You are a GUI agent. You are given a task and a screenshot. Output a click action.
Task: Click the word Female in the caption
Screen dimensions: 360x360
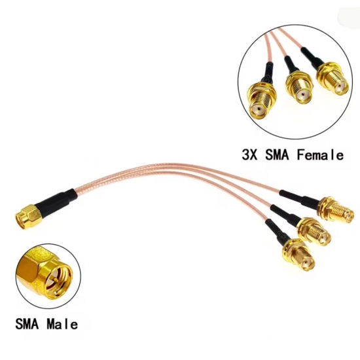(x=320, y=154)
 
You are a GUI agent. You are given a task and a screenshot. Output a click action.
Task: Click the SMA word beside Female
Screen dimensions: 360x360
(x=277, y=154)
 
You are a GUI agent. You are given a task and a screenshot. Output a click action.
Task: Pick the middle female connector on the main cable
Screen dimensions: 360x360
(x=315, y=232)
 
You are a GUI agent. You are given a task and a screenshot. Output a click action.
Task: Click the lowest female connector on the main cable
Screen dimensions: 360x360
(x=298, y=255)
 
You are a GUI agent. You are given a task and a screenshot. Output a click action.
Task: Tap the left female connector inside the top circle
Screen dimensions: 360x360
(x=261, y=100)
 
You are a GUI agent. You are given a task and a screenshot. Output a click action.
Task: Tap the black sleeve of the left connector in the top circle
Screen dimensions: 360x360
(x=268, y=73)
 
